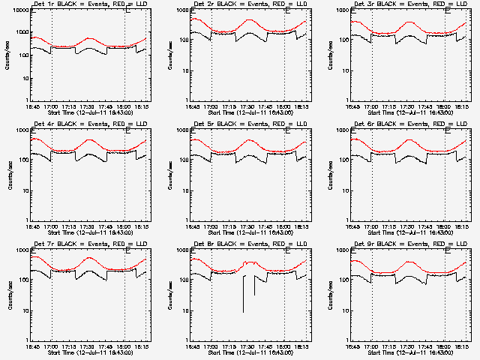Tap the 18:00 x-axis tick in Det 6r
pos(445,225)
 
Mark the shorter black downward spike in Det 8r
pos(255,285)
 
